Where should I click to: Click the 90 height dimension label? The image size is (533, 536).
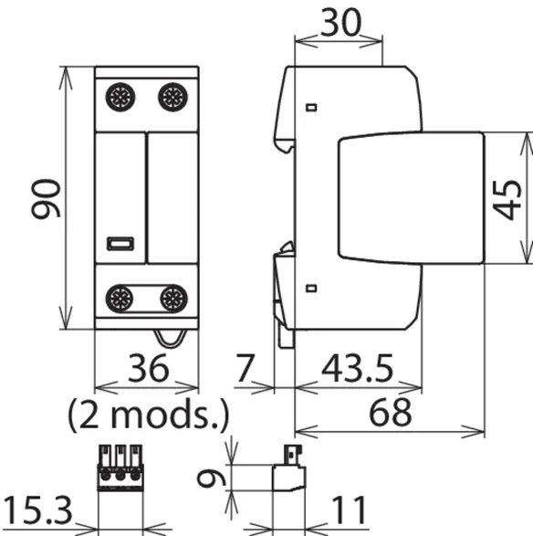coord(46,198)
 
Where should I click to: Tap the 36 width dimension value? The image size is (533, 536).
coord(148,368)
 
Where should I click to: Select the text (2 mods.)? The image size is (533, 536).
coord(148,415)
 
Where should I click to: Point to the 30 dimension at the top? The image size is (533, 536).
coord(340,23)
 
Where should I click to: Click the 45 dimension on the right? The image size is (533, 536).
coord(507,200)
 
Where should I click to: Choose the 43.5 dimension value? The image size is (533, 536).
coord(357,369)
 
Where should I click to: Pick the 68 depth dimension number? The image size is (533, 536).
coord(390,413)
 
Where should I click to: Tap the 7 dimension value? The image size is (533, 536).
coord(245,368)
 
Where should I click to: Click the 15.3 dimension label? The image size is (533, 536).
coord(37,510)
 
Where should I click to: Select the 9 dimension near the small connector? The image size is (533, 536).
coord(212,478)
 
